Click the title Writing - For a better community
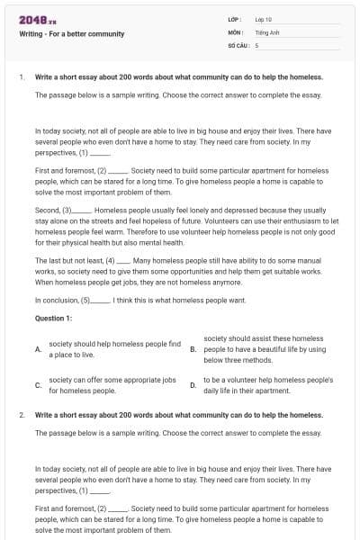tap(71, 34)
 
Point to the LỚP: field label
tap(235, 19)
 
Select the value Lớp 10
tap(264, 19)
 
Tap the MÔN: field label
tap(236, 31)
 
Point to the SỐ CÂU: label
tap(238, 44)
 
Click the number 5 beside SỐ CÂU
tap(257, 44)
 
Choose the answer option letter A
tap(38, 349)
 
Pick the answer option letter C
tap(38, 385)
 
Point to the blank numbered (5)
tap(95, 300)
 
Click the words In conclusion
tap(57, 300)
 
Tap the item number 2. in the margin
tap(22, 415)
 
